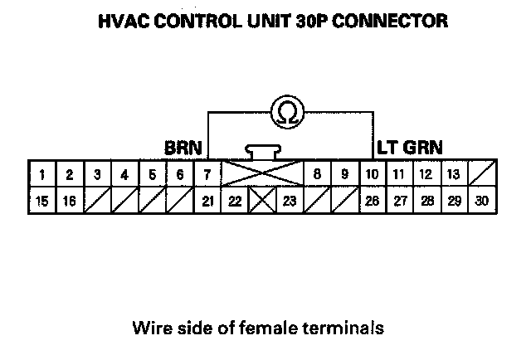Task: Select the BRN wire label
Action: [183, 148]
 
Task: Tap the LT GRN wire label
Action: [409, 148]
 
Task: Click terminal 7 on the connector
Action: [207, 175]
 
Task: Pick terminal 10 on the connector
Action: [371, 175]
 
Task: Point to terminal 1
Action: [42, 175]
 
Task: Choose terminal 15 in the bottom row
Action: [42, 202]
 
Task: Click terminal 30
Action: [481, 202]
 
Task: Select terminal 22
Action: [235, 202]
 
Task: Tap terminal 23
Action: [289, 202]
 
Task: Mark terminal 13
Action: [453, 175]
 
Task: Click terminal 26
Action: [371, 202]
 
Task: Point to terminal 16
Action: [70, 202]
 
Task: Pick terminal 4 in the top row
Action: [124, 175]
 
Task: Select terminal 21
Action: [207, 202]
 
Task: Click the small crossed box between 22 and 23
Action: [261, 202]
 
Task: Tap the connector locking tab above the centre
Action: [261, 152]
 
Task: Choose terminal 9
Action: [343, 175]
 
